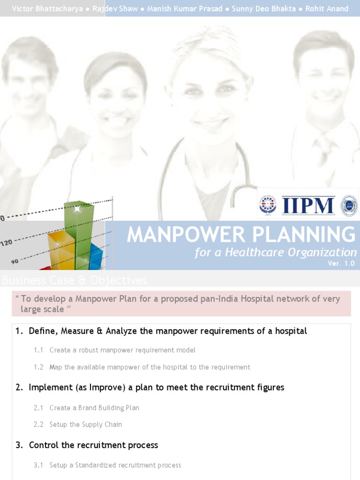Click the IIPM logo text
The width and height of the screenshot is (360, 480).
coord(308,206)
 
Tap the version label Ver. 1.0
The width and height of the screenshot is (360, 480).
coord(341,263)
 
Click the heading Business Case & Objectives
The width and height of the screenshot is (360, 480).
coord(75,280)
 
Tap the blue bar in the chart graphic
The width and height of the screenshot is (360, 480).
coord(96,256)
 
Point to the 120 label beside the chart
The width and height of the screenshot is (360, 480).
coord(7,243)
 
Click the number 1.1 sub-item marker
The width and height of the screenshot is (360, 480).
coord(38,350)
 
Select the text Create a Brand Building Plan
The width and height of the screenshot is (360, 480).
coord(94,408)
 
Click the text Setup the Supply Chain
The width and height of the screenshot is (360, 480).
coord(86,425)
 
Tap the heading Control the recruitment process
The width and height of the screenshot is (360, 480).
coord(93,445)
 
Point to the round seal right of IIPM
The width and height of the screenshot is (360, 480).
coord(349,206)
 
